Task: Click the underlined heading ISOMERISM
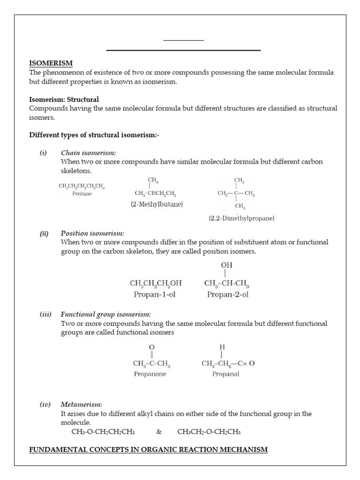[51, 63]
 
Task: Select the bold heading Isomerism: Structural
[64, 99]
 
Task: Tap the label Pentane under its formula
[82, 194]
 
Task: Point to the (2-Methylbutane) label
[157, 204]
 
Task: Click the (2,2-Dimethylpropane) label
[241, 218]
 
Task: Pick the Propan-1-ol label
[155, 294]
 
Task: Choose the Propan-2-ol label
[227, 294]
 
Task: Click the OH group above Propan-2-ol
[227, 265]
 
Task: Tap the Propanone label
[150, 374]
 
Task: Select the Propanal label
[225, 374]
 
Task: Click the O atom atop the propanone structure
[151, 347]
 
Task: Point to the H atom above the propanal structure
[222, 347]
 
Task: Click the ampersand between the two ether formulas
[159, 432]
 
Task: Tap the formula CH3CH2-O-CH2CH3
[209, 432]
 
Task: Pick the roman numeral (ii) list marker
[44, 233]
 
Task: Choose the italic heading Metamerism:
[82, 405]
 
